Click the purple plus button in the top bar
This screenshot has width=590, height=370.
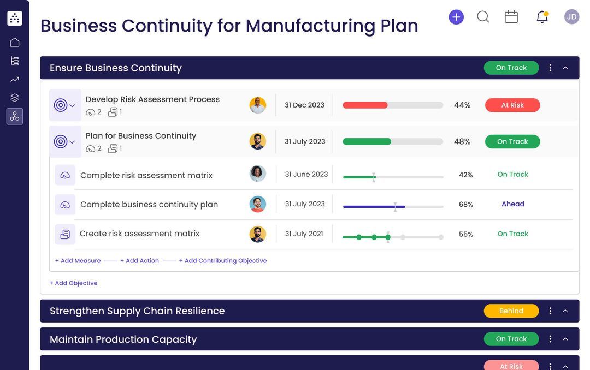tap(456, 17)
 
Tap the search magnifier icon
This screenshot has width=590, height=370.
tap(483, 17)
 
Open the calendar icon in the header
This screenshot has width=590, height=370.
tap(511, 17)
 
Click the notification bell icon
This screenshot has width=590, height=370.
tap(542, 17)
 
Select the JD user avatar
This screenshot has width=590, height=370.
tap(571, 17)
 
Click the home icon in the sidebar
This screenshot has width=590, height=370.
tap(15, 43)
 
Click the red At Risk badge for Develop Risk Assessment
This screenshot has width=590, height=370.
tap(512, 105)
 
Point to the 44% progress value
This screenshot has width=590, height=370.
tap(462, 105)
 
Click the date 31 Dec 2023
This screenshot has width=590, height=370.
tap(304, 105)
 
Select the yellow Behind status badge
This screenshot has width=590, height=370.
tap(511, 311)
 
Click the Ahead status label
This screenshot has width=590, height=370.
tap(513, 204)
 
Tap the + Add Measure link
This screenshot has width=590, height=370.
tap(78, 261)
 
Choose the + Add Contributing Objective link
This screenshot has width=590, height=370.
tap(223, 261)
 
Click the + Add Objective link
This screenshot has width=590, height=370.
tap(73, 283)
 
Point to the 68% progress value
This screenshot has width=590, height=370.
tap(466, 205)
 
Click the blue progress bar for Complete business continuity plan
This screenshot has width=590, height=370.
tap(374, 207)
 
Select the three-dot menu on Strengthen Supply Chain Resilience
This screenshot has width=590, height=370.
tap(550, 311)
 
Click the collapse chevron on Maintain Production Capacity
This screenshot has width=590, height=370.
tap(565, 339)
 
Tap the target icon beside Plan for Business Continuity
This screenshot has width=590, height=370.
tap(61, 142)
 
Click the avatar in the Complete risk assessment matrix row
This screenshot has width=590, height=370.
tap(258, 174)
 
